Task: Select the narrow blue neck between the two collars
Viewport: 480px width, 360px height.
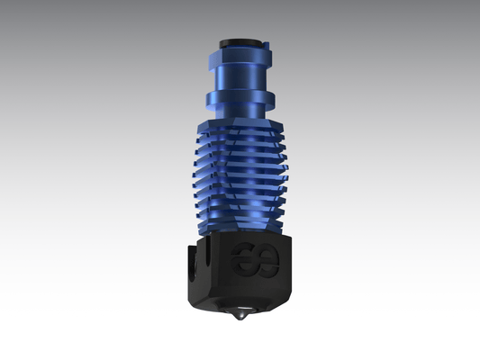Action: [240, 76]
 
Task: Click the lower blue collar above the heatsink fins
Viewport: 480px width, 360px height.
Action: [240, 95]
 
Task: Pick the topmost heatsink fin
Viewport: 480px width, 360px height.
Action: [240, 126]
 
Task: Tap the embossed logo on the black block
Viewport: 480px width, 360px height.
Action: [255, 261]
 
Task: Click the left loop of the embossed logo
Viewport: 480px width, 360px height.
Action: [243, 261]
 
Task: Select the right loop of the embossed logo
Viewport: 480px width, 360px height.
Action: [267, 261]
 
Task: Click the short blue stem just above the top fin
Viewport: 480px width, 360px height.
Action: [240, 112]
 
